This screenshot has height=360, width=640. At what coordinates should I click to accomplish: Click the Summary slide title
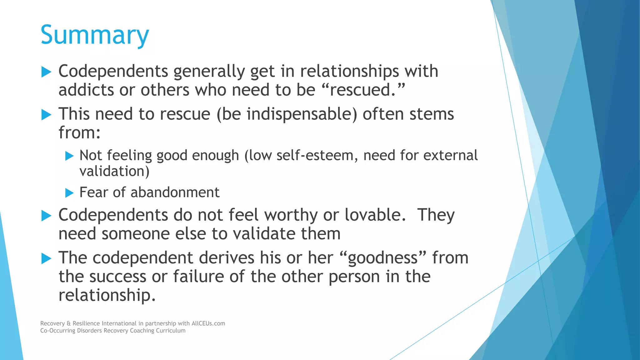95,35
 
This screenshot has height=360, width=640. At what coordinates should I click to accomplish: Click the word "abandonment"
175,192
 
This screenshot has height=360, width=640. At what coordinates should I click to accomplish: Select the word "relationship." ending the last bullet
107,295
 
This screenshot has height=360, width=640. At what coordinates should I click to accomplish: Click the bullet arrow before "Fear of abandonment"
69,193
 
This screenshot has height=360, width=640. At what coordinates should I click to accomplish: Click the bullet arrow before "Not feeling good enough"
69,156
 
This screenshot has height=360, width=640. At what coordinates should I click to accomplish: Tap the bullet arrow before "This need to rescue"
46,115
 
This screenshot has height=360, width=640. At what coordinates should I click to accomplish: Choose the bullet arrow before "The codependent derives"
46,258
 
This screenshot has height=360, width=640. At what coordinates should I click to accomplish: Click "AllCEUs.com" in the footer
208,323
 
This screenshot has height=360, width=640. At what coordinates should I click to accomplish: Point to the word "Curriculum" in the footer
171,331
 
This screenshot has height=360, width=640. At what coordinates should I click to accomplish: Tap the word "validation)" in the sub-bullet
114,171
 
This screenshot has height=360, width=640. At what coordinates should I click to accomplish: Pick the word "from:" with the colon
79,133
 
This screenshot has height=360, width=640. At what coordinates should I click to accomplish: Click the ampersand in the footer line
69,323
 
